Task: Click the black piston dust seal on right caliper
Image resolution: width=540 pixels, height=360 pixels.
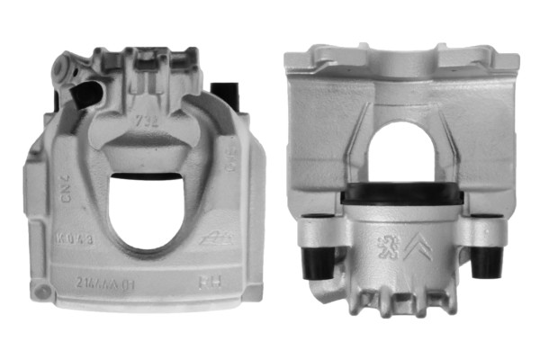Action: point(403,193)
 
